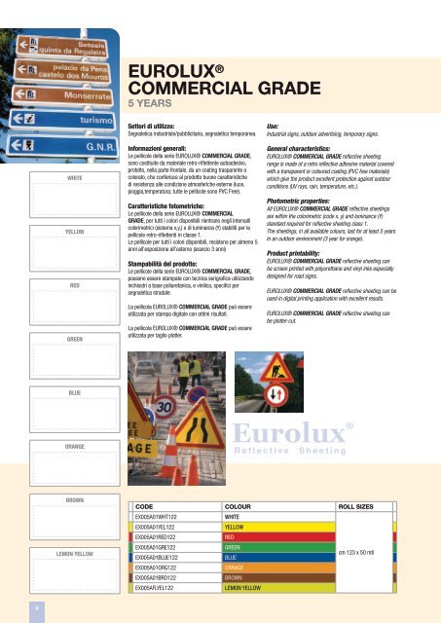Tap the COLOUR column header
[239, 507]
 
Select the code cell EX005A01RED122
[162, 537]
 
